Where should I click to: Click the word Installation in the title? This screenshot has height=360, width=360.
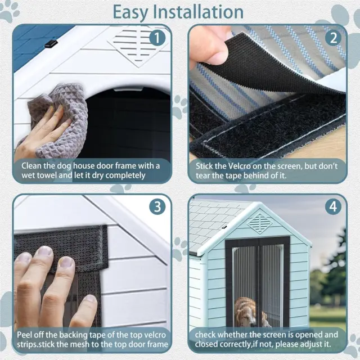tap(198, 12)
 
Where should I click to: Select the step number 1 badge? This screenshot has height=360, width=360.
tap(157, 38)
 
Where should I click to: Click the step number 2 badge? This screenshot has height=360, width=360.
tap(334, 38)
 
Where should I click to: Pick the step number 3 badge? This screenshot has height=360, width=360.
tap(157, 206)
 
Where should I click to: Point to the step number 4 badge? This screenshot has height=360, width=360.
tap(334, 206)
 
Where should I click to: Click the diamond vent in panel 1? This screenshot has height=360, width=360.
tap(138, 46)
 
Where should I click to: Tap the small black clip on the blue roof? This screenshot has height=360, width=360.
tap(51, 44)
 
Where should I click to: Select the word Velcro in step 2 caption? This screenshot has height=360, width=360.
tap(239, 166)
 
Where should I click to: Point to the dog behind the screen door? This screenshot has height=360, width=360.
tap(249, 312)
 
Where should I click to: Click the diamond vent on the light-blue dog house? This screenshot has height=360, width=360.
tap(260, 223)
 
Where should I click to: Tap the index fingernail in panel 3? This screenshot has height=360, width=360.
tap(46, 251)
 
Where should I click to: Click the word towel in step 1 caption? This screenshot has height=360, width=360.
tap(47, 175)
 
